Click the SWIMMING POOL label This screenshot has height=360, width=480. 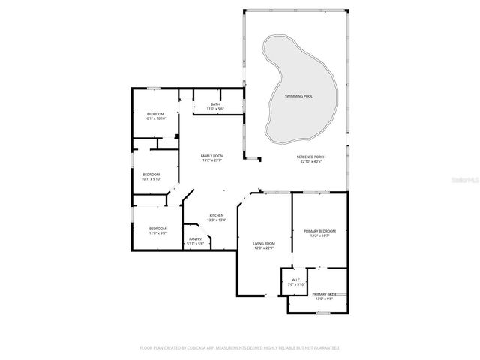[x=299, y=97]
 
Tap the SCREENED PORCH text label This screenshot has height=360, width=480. [x=310, y=157]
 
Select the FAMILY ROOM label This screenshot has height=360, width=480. [x=211, y=155]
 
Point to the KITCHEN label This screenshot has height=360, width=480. [x=216, y=215]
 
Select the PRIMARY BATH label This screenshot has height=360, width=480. [x=324, y=294]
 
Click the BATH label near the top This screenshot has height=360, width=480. [x=215, y=104]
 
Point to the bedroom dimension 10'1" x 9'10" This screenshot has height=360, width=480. [x=152, y=179]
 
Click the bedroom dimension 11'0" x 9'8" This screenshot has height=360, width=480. [x=157, y=233]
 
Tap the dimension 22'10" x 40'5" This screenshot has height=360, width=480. [x=310, y=161]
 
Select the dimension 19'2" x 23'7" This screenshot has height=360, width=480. [x=211, y=160]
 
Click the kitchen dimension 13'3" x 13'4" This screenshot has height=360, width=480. [x=216, y=220]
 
